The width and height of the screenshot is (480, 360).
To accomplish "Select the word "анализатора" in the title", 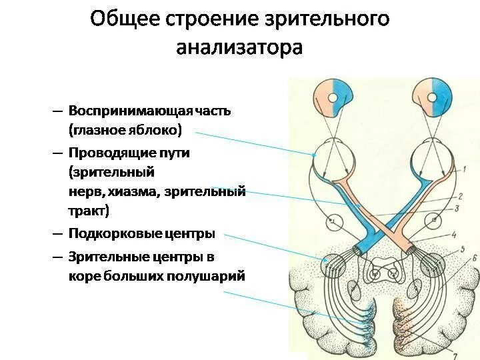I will tap(239, 48).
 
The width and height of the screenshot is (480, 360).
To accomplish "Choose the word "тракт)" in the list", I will tap(88, 211).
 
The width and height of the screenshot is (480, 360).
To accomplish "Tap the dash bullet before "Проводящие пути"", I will tap(57, 153).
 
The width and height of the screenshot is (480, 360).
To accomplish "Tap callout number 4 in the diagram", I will tap(453, 235).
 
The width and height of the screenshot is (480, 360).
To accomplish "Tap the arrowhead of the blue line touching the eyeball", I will tap(314, 155).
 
